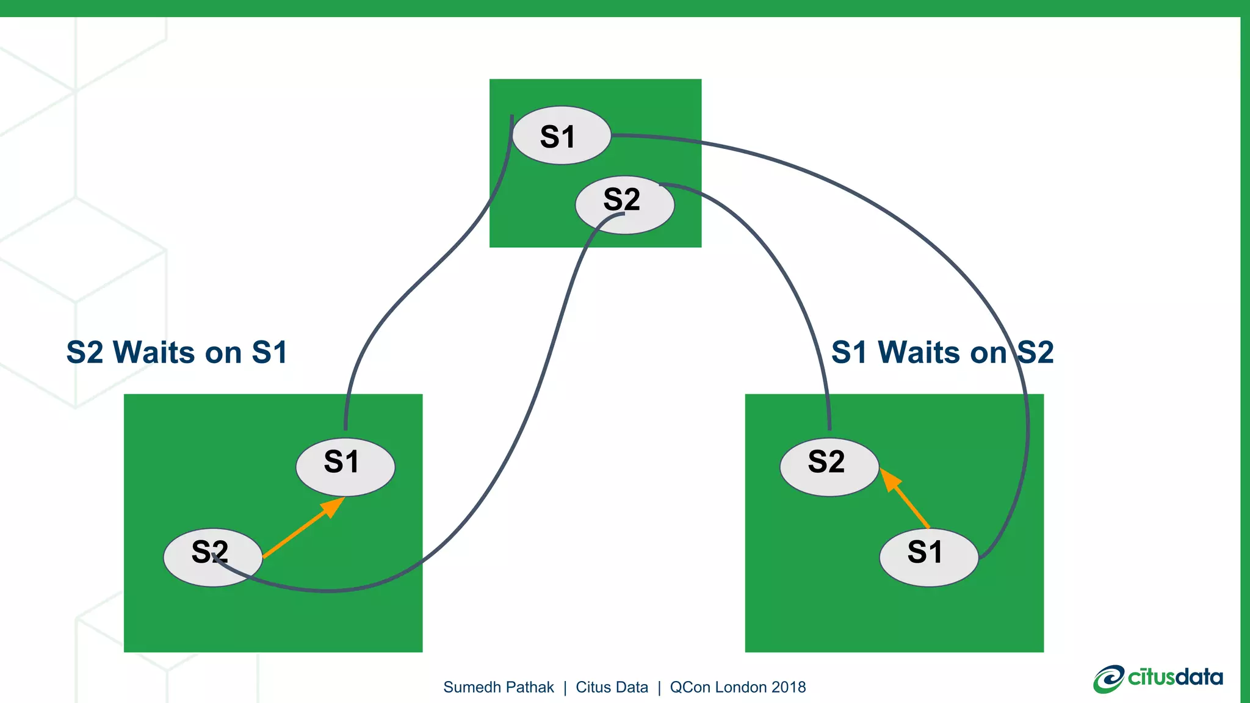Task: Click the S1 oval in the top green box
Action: [x=561, y=135]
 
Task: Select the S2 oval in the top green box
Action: [x=624, y=204]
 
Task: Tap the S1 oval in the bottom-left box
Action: [x=345, y=467]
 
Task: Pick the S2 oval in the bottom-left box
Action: [x=212, y=557]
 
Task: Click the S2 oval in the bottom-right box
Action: [x=829, y=467]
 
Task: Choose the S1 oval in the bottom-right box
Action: [x=928, y=557]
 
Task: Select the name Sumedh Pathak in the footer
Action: [x=498, y=687]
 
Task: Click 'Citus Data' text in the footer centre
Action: [x=612, y=687]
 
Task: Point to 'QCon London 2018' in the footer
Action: [x=737, y=687]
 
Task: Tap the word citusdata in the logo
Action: [x=1176, y=677]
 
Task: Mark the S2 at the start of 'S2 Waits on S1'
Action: [x=85, y=353]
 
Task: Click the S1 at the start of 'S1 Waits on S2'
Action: [x=849, y=353]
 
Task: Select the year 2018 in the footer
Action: [x=789, y=687]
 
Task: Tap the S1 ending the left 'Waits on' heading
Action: [x=269, y=353]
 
